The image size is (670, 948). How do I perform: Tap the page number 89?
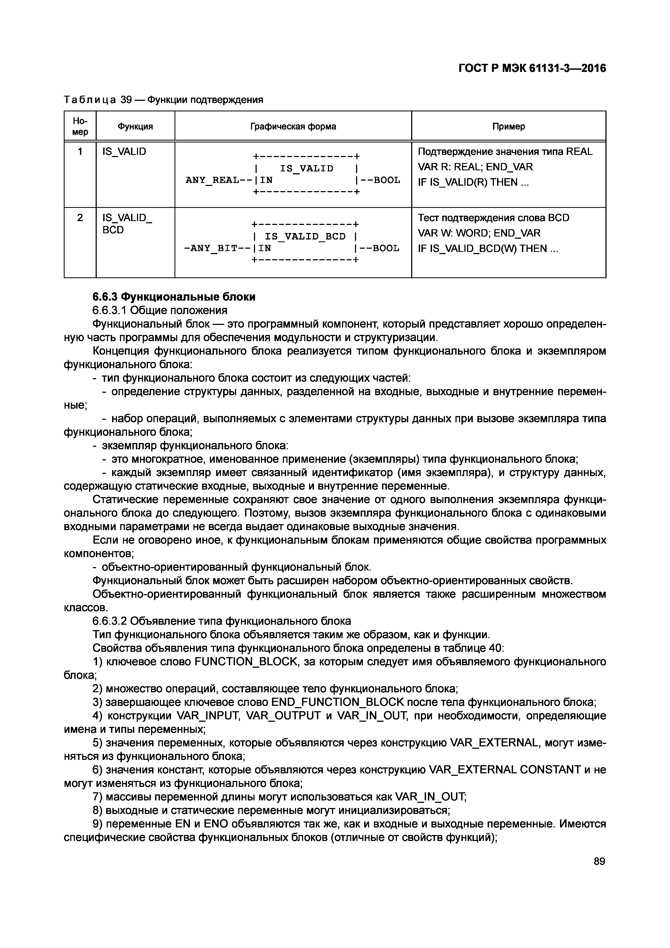(x=599, y=861)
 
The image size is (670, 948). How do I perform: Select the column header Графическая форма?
(x=293, y=126)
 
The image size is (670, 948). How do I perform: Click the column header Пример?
(x=508, y=126)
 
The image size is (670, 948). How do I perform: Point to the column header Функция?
(x=135, y=126)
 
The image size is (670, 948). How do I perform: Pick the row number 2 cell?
(x=80, y=218)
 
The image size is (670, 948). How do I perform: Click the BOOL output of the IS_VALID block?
(x=387, y=180)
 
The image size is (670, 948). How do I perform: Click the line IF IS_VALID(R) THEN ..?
(x=473, y=182)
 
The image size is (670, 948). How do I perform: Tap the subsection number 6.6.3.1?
(x=108, y=310)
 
